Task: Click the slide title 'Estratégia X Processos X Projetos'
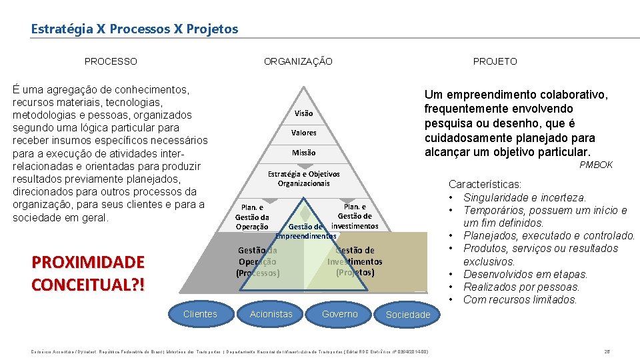point(134,29)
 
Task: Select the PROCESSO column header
point(111,61)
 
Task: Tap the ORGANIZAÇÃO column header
point(298,61)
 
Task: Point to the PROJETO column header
point(495,61)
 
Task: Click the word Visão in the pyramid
point(303,113)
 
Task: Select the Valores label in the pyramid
point(303,133)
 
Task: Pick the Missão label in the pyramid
point(303,153)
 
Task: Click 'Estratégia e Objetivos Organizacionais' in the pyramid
point(303,179)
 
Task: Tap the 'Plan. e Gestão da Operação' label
point(252,217)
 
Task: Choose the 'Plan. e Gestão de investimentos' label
point(355,216)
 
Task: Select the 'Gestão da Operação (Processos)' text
point(258,261)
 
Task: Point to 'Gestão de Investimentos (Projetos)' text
point(355,261)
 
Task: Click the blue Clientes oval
point(200,314)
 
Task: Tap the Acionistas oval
point(271,314)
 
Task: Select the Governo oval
point(339,314)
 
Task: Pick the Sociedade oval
point(408,315)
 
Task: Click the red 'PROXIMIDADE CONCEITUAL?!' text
point(87,273)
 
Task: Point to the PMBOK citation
point(596,165)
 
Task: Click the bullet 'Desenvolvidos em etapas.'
point(525,274)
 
